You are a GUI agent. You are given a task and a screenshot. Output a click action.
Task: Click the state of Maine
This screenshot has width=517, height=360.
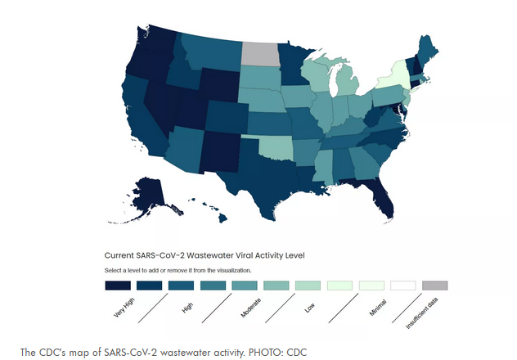pos(427,51)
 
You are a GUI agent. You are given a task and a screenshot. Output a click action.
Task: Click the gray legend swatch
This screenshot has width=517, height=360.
pos(434,286)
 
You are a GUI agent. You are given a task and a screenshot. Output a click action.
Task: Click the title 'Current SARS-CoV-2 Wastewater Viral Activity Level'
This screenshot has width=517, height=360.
pos(205,255)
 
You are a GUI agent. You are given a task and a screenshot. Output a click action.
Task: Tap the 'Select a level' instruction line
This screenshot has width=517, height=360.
pos(178,269)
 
